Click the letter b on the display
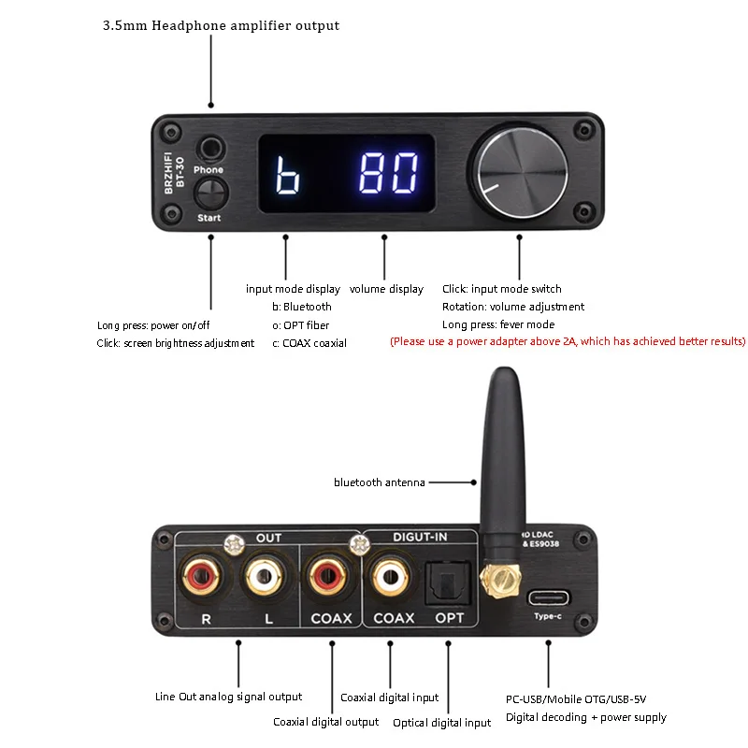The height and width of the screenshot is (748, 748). pos(286,174)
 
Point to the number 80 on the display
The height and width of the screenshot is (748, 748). pos(389,173)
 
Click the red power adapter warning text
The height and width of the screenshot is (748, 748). pos(568,341)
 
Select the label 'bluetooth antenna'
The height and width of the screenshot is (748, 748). pos(380,482)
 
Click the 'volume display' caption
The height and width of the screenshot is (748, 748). pos(386,289)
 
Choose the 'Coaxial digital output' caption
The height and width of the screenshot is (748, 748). pos(325,722)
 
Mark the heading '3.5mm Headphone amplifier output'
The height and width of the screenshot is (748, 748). pos(221,25)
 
